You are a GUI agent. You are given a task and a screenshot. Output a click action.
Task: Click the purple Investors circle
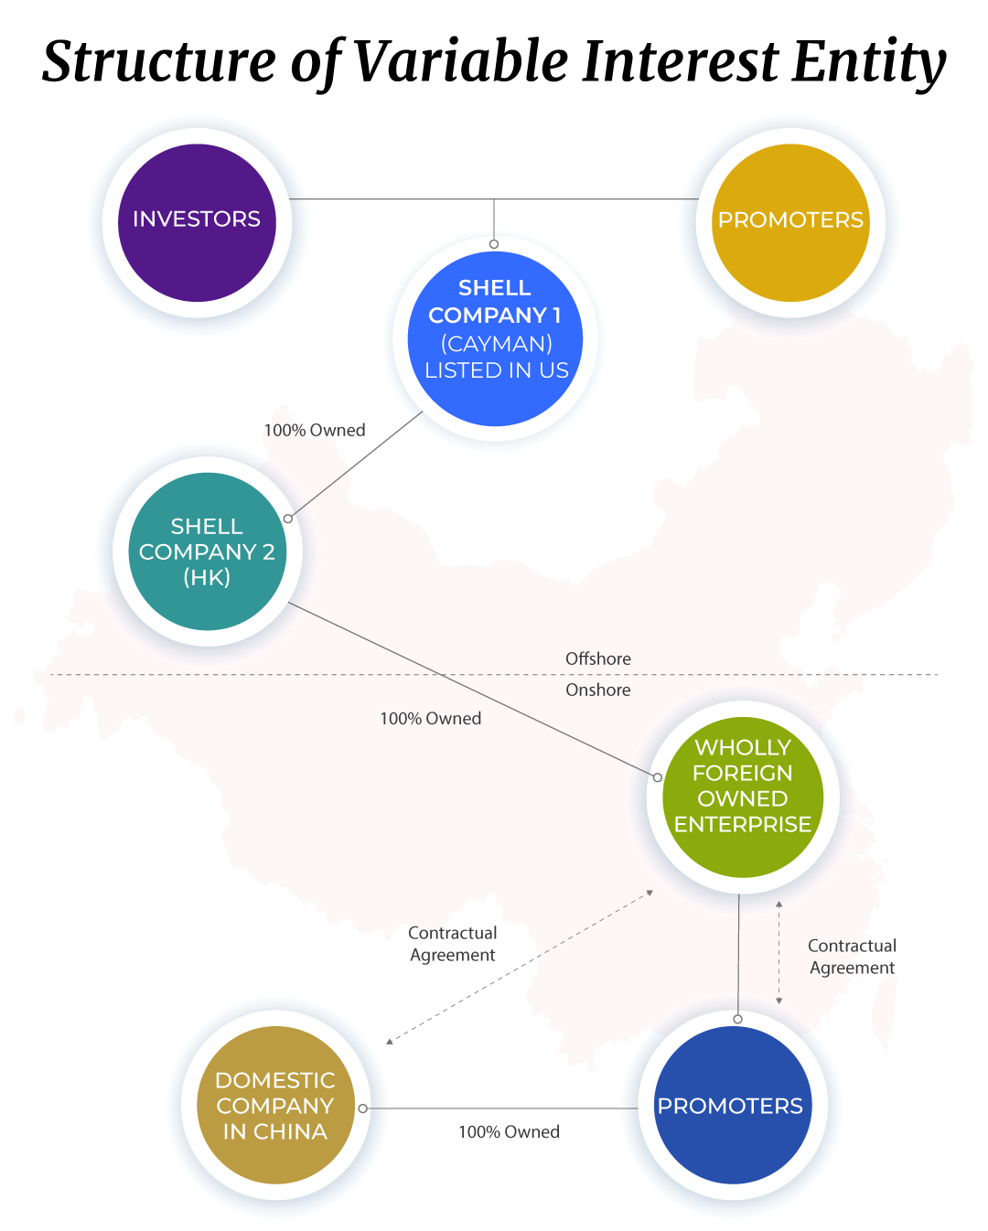pyautogui.click(x=197, y=222)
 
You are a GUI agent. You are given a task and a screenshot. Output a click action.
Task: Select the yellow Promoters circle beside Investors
pyautogui.click(x=790, y=222)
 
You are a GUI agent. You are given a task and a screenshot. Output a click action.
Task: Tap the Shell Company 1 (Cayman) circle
pyautogui.click(x=495, y=338)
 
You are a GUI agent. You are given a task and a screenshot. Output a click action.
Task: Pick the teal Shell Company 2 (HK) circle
pyautogui.click(x=207, y=551)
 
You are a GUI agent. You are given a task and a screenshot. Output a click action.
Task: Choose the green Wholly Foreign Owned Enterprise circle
pyautogui.click(x=743, y=797)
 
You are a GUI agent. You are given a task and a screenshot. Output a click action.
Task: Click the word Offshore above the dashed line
pyautogui.click(x=598, y=658)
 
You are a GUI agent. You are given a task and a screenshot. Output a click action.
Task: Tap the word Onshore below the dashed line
pyautogui.click(x=598, y=690)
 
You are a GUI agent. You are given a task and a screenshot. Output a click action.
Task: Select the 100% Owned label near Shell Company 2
pyautogui.click(x=315, y=430)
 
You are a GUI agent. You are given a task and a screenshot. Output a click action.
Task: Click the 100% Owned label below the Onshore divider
pyautogui.click(x=430, y=719)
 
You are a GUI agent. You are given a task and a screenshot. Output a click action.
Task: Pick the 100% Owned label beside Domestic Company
pyautogui.click(x=509, y=1131)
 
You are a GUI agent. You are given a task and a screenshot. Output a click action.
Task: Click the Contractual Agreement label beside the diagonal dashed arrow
pyautogui.click(x=452, y=945)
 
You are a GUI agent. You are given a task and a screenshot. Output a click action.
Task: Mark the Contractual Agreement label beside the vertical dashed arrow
pyautogui.click(x=852, y=957)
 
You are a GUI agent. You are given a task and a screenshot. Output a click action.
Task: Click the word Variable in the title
pyautogui.click(x=460, y=60)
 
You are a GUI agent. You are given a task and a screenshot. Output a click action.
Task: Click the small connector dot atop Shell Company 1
pyautogui.click(x=494, y=244)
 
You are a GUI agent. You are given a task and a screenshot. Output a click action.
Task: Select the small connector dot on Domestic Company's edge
pyautogui.click(x=362, y=1108)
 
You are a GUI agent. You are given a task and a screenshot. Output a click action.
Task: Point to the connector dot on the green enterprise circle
pyautogui.click(x=658, y=777)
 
